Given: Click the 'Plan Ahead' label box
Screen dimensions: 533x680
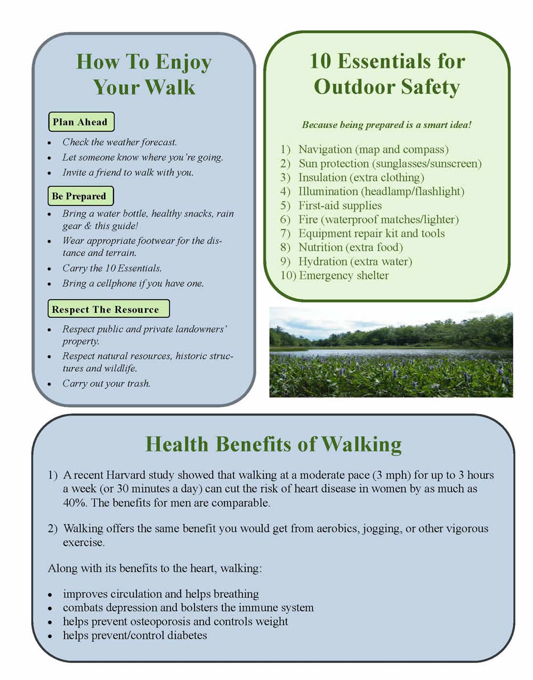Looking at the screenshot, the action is click(81, 122).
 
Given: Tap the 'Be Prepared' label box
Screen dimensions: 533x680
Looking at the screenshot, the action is click(80, 196).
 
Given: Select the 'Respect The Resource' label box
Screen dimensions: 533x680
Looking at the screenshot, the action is click(109, 309).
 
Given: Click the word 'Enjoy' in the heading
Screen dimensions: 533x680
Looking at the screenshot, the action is click(183, 63).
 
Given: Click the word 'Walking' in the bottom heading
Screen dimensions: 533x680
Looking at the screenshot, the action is click(362, 445).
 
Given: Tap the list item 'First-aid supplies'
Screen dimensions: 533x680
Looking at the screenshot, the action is click(340, 205).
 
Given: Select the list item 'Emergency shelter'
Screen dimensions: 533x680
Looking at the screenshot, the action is click(344, 275).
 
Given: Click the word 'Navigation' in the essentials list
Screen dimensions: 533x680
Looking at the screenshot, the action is click(325, 149).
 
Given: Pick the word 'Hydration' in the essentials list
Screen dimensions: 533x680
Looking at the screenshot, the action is click(322, 261).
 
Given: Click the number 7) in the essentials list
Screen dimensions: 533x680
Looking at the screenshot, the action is click(285, 234).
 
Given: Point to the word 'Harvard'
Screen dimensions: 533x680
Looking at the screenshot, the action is click(124, 475).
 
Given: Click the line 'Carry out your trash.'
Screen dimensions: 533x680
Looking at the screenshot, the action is click(106, 383).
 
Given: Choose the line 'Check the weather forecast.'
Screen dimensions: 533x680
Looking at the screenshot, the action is click(120, 142).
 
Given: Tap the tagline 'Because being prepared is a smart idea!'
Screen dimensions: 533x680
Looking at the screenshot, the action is click(386, 125).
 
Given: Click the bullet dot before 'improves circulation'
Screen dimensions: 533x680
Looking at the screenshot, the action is click(50, 595).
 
